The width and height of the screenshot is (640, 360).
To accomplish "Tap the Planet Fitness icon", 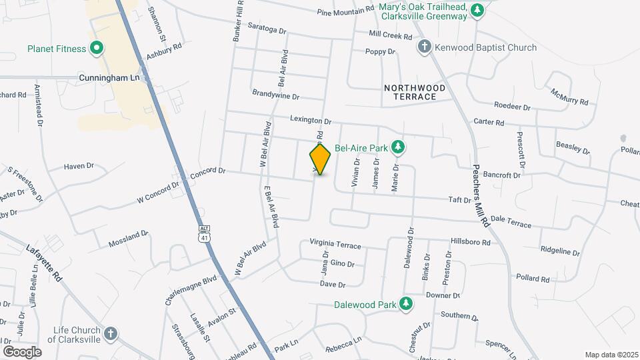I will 97,48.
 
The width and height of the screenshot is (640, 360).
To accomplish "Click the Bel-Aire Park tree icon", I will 398,146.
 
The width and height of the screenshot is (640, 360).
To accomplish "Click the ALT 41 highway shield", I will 203,233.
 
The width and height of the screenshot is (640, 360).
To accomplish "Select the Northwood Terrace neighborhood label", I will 409,92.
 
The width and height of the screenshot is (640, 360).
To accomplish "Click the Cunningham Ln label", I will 112,77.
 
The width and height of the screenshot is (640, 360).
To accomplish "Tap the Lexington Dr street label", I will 310,121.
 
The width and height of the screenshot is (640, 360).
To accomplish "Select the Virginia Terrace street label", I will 335,244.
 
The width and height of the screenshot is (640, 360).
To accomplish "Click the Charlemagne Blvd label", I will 191,287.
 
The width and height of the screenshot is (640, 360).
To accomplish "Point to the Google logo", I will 22,351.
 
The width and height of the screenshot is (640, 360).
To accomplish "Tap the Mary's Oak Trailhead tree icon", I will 476,10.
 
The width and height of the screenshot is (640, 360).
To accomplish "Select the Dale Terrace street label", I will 511,221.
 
